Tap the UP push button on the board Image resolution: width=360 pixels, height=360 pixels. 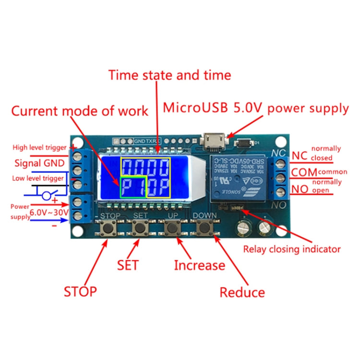pos(172,228)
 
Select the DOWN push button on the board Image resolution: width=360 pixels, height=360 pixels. pos(206,228)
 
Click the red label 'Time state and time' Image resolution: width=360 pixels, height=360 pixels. pos(169,75)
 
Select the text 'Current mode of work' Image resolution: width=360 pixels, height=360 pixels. pos(80,111)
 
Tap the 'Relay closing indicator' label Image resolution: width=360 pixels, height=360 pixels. pos(292,249)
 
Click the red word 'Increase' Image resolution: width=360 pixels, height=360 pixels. pos(199,265)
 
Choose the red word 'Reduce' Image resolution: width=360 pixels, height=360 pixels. pos(242,292)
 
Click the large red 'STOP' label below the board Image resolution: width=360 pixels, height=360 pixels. pos(80,291)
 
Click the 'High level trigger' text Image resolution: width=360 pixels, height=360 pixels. pos(40,148)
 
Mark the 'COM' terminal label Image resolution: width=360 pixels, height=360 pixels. pos(304,172)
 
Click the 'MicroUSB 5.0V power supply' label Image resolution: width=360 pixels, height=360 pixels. pos(256,108)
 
